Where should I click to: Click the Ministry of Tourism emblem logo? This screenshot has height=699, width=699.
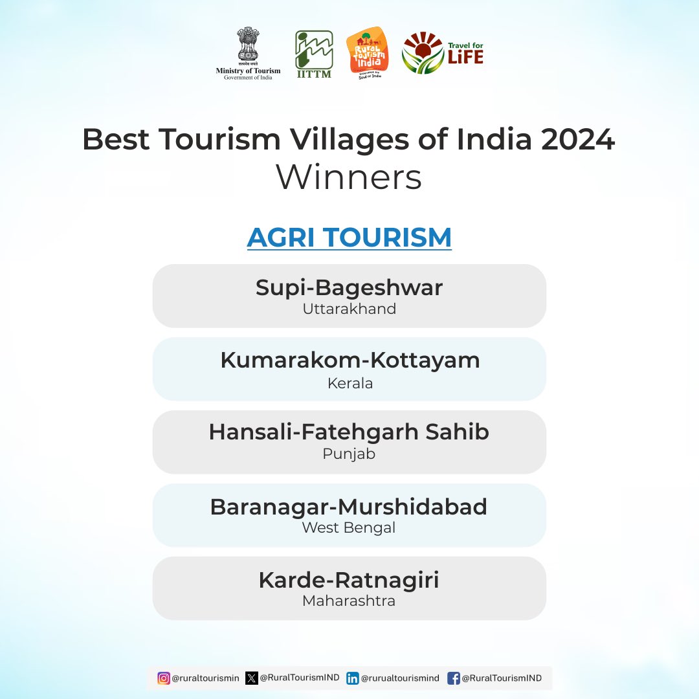[248, 54]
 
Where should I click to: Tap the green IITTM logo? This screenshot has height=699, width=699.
[315, 54]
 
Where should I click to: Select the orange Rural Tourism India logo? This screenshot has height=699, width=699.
[368, 53]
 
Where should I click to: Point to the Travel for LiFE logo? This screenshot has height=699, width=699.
[443, 52]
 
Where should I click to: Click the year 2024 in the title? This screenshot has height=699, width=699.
[578, 140]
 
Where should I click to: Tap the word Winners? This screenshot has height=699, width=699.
[349, 177]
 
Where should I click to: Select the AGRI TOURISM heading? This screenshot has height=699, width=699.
[349, 237]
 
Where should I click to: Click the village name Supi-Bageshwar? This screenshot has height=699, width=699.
[349, 288]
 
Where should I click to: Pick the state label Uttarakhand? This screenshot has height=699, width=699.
[349, 309]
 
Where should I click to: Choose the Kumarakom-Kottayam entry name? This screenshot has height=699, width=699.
[350, 361]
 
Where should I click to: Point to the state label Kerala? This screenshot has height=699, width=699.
[350, 383]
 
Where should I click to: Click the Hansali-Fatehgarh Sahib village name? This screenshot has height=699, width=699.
[349, 432]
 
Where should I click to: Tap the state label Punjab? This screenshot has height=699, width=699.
[349, 454]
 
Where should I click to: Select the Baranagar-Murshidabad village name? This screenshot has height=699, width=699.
[349, 507]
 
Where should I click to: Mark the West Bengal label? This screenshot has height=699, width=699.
[349, 528]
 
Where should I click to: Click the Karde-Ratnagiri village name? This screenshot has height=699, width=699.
[349, 581]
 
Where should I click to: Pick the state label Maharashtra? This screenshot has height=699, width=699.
[349, 601]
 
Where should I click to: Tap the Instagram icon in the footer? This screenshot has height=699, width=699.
[164, 678]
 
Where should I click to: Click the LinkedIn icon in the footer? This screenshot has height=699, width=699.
[353, 678]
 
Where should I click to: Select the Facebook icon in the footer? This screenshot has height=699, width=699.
[453, 678]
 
